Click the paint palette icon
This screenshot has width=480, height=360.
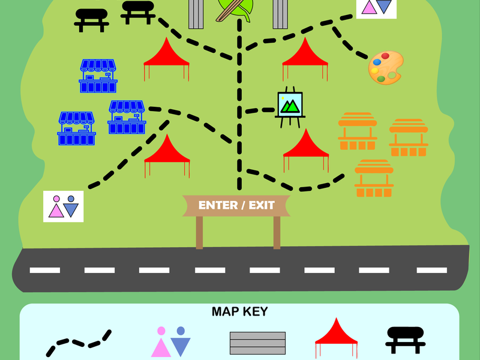tap(386, 68)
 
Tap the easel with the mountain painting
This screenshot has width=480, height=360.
tap(290, 107)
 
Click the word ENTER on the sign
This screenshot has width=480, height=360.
tap(218, 205)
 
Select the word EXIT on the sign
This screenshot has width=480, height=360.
tap(262, 205)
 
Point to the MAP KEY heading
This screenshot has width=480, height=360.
tap(239, 311)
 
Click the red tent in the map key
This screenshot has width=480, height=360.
tap(336, 337)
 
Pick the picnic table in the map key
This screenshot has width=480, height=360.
tap(406, 340)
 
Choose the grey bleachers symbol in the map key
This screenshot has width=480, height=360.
tap(258, 343)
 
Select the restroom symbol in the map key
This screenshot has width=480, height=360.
tap(171, 341)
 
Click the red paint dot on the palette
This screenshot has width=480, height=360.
tap(385, 56)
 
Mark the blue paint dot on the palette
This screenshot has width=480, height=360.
tap(377, 62)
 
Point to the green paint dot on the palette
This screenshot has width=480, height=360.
tap(381, 79)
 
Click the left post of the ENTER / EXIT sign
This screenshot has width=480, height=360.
tap(199, 233)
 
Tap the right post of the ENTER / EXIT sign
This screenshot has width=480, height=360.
tap(277, 233)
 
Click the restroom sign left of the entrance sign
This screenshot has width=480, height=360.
tap(64, 206)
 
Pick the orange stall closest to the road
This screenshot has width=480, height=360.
tap(374, 178)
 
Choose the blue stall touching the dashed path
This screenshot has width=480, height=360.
tap(127, 117)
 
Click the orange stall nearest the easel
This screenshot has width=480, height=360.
tap(358, 131)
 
